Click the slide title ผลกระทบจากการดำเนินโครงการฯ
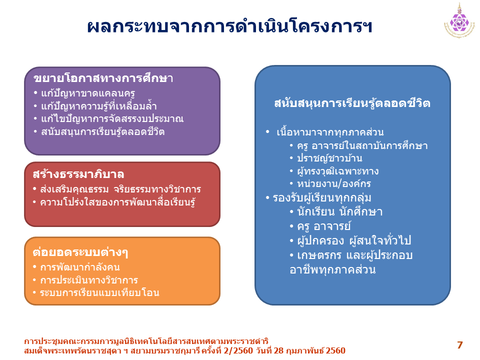[x=229, y=27]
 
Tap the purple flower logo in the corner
[x=459, y=22]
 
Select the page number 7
[x=459, y=345]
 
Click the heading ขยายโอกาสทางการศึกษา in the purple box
[x=103, y=78]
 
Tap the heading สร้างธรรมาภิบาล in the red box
[x=78, y=174]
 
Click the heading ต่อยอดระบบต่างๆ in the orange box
[x=80, y=252]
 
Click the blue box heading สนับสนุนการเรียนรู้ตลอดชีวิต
[x=352, y=103]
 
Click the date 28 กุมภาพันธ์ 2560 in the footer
[x=310, y=350]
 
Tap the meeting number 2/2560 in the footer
[x=238, y=350]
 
